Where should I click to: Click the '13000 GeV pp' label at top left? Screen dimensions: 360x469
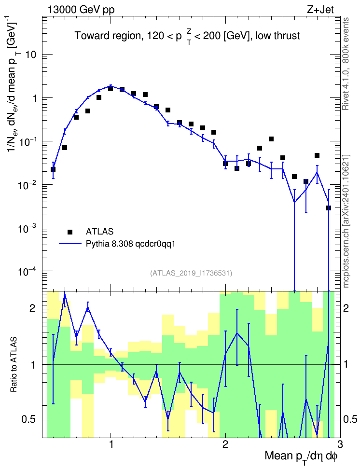pyautogui.click(x=81, y=10)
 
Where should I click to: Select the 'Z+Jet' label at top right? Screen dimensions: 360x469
pyautogui.click(x=320, y=10)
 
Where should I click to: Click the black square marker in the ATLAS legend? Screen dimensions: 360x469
pyautogui.click(x=70, y=232)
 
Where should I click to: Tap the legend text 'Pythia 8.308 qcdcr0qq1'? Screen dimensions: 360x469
pyautogui.click(x=130, y=244)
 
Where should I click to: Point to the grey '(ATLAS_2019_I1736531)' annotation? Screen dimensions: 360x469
pyautogui.click(x=191, y=273)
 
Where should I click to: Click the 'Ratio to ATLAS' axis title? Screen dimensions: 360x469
pyautogui.click(x=13, y=364)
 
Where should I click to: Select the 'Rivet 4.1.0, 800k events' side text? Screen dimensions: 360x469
pyautogui.click(x=346, y=64)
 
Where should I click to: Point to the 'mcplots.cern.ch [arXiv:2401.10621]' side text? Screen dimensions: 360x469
pyautogui.click(x=346, y=221)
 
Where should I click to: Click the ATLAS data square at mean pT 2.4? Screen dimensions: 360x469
pyautogui.click(x=271, y=139)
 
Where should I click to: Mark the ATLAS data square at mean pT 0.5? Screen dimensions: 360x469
pyautogui.click(x=53, y=169)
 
